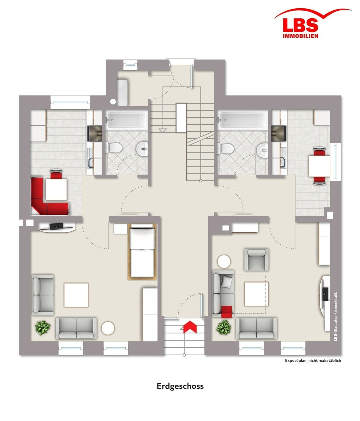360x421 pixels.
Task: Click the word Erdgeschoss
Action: tap(180, 386)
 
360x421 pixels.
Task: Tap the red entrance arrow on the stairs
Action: tap(190, 326)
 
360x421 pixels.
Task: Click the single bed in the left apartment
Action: tap(142, 251)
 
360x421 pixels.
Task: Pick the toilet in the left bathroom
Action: tap(114, 147)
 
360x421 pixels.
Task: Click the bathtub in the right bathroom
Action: tap(242, 120)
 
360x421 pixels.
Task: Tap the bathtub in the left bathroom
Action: tap(127, 120)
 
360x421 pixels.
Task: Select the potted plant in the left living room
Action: tap(43, 328)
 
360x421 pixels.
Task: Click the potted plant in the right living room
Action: tap(223, 327)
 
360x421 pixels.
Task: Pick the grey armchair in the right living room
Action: tap(256, 260)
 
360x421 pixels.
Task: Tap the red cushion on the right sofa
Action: tap(227, 312)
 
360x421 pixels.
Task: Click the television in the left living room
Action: tap(56, 226)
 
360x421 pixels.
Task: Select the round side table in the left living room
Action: tap(108, 328)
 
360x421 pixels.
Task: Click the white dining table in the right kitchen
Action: tap(319, 166)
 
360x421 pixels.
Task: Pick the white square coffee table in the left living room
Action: tap(76, 295)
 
